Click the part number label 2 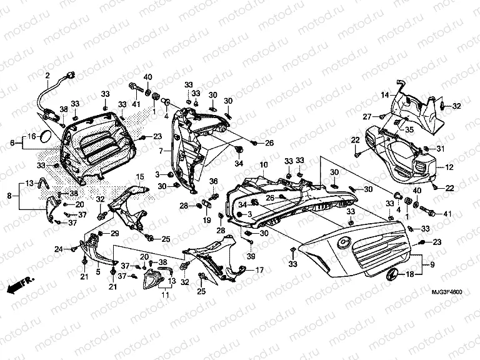click(47, 75)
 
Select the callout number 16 click(31, 136)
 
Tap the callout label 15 click(140, 177)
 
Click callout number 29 click(115, 233)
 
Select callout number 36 click(212, 182)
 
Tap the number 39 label click(251, 257)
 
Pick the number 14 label click(386, 94)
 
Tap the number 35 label click(410, 130)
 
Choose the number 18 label click(410, 274)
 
